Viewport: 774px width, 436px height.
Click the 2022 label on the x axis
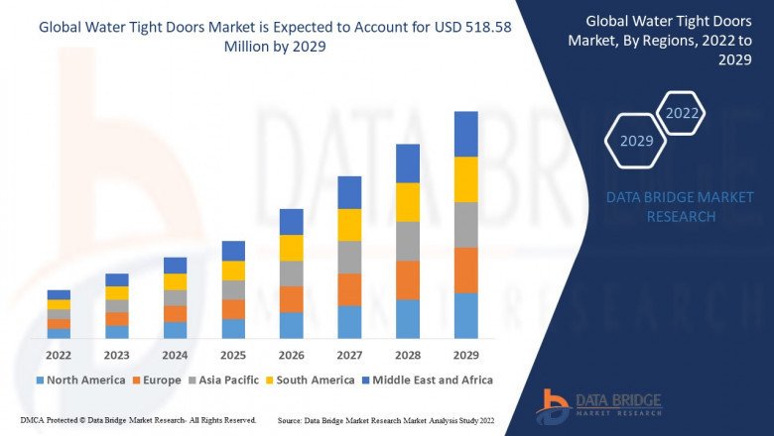tap(59, 354)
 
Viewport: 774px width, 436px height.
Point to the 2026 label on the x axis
tap(291, 354)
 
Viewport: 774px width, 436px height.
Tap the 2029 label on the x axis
tap(465, 354)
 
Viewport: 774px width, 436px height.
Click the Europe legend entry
tap(159, 380)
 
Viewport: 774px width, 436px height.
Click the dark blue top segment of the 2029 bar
tap(465, 134)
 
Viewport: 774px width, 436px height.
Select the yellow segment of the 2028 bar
tap(408, 202)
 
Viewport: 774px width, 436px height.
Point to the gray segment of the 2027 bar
tap(349, 257)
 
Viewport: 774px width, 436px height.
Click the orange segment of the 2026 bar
tap(291, 299)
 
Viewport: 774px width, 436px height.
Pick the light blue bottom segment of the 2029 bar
tap(465, 315)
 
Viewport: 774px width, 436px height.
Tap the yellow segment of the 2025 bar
tap(233, 271)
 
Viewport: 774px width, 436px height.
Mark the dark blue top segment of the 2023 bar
tap(117, 279)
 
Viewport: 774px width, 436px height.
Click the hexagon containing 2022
tap(682, 113)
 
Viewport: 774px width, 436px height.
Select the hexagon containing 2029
tap(636, 141)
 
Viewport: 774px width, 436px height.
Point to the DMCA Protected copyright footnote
tap(131, 421)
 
